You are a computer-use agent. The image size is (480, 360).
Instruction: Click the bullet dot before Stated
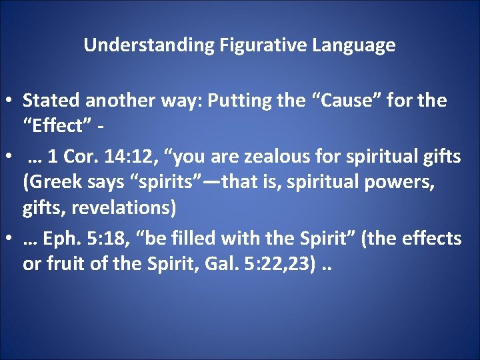[10, 102]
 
